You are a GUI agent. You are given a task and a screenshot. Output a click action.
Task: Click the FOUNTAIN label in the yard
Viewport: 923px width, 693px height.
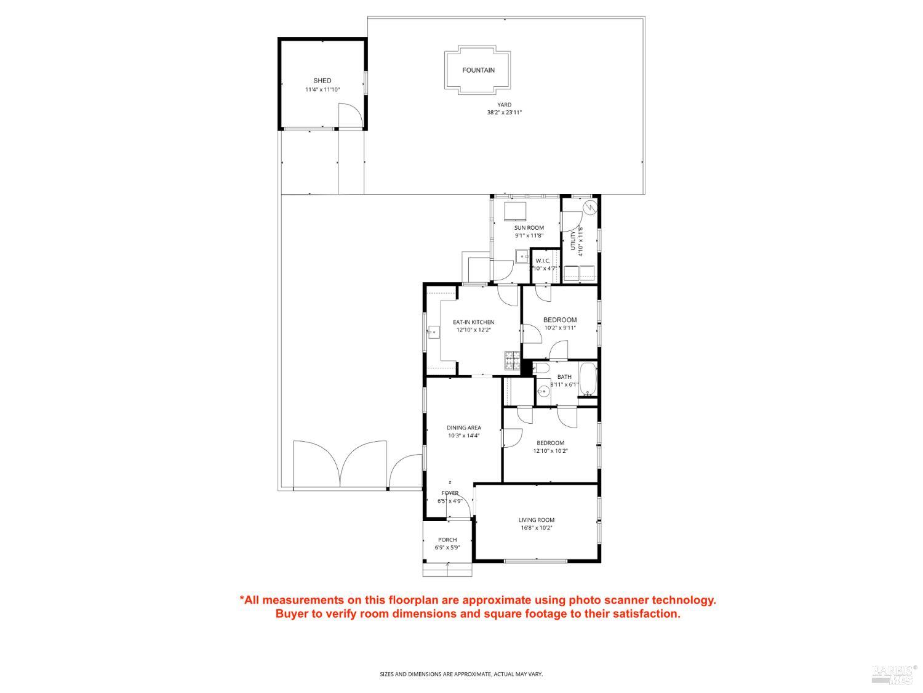point(478,70)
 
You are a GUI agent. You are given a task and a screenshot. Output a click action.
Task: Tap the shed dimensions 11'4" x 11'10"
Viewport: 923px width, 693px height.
point(322,90)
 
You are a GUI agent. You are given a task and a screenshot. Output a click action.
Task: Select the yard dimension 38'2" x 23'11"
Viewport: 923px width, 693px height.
point(504,113)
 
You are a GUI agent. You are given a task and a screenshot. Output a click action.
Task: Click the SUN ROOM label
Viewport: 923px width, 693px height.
point(529,228)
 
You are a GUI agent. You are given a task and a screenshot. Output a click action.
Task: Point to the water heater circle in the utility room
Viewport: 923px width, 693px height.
point(590,208)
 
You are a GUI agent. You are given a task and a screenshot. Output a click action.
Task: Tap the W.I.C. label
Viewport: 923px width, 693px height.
point(543,261)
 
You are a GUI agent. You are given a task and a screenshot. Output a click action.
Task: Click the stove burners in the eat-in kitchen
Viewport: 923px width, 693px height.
point(512,360)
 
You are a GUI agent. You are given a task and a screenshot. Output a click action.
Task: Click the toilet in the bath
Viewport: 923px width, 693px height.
point(541,368)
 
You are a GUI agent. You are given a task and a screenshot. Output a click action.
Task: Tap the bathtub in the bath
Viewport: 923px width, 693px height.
point(588,379)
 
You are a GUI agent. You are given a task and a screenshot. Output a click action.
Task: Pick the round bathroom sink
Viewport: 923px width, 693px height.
point(543,392)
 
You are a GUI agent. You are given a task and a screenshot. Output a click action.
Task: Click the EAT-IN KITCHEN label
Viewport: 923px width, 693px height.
point(473,322)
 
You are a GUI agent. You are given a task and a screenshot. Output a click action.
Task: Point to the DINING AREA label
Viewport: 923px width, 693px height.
point(464,428)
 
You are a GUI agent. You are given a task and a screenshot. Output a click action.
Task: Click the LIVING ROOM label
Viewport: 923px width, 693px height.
point(537,520)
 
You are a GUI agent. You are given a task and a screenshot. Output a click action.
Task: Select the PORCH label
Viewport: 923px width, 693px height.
point(447,540)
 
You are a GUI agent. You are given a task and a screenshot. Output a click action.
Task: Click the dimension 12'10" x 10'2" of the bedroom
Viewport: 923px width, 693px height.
point(550,451)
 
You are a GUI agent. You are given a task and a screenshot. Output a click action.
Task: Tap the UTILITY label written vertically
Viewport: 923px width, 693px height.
point(573,240)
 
